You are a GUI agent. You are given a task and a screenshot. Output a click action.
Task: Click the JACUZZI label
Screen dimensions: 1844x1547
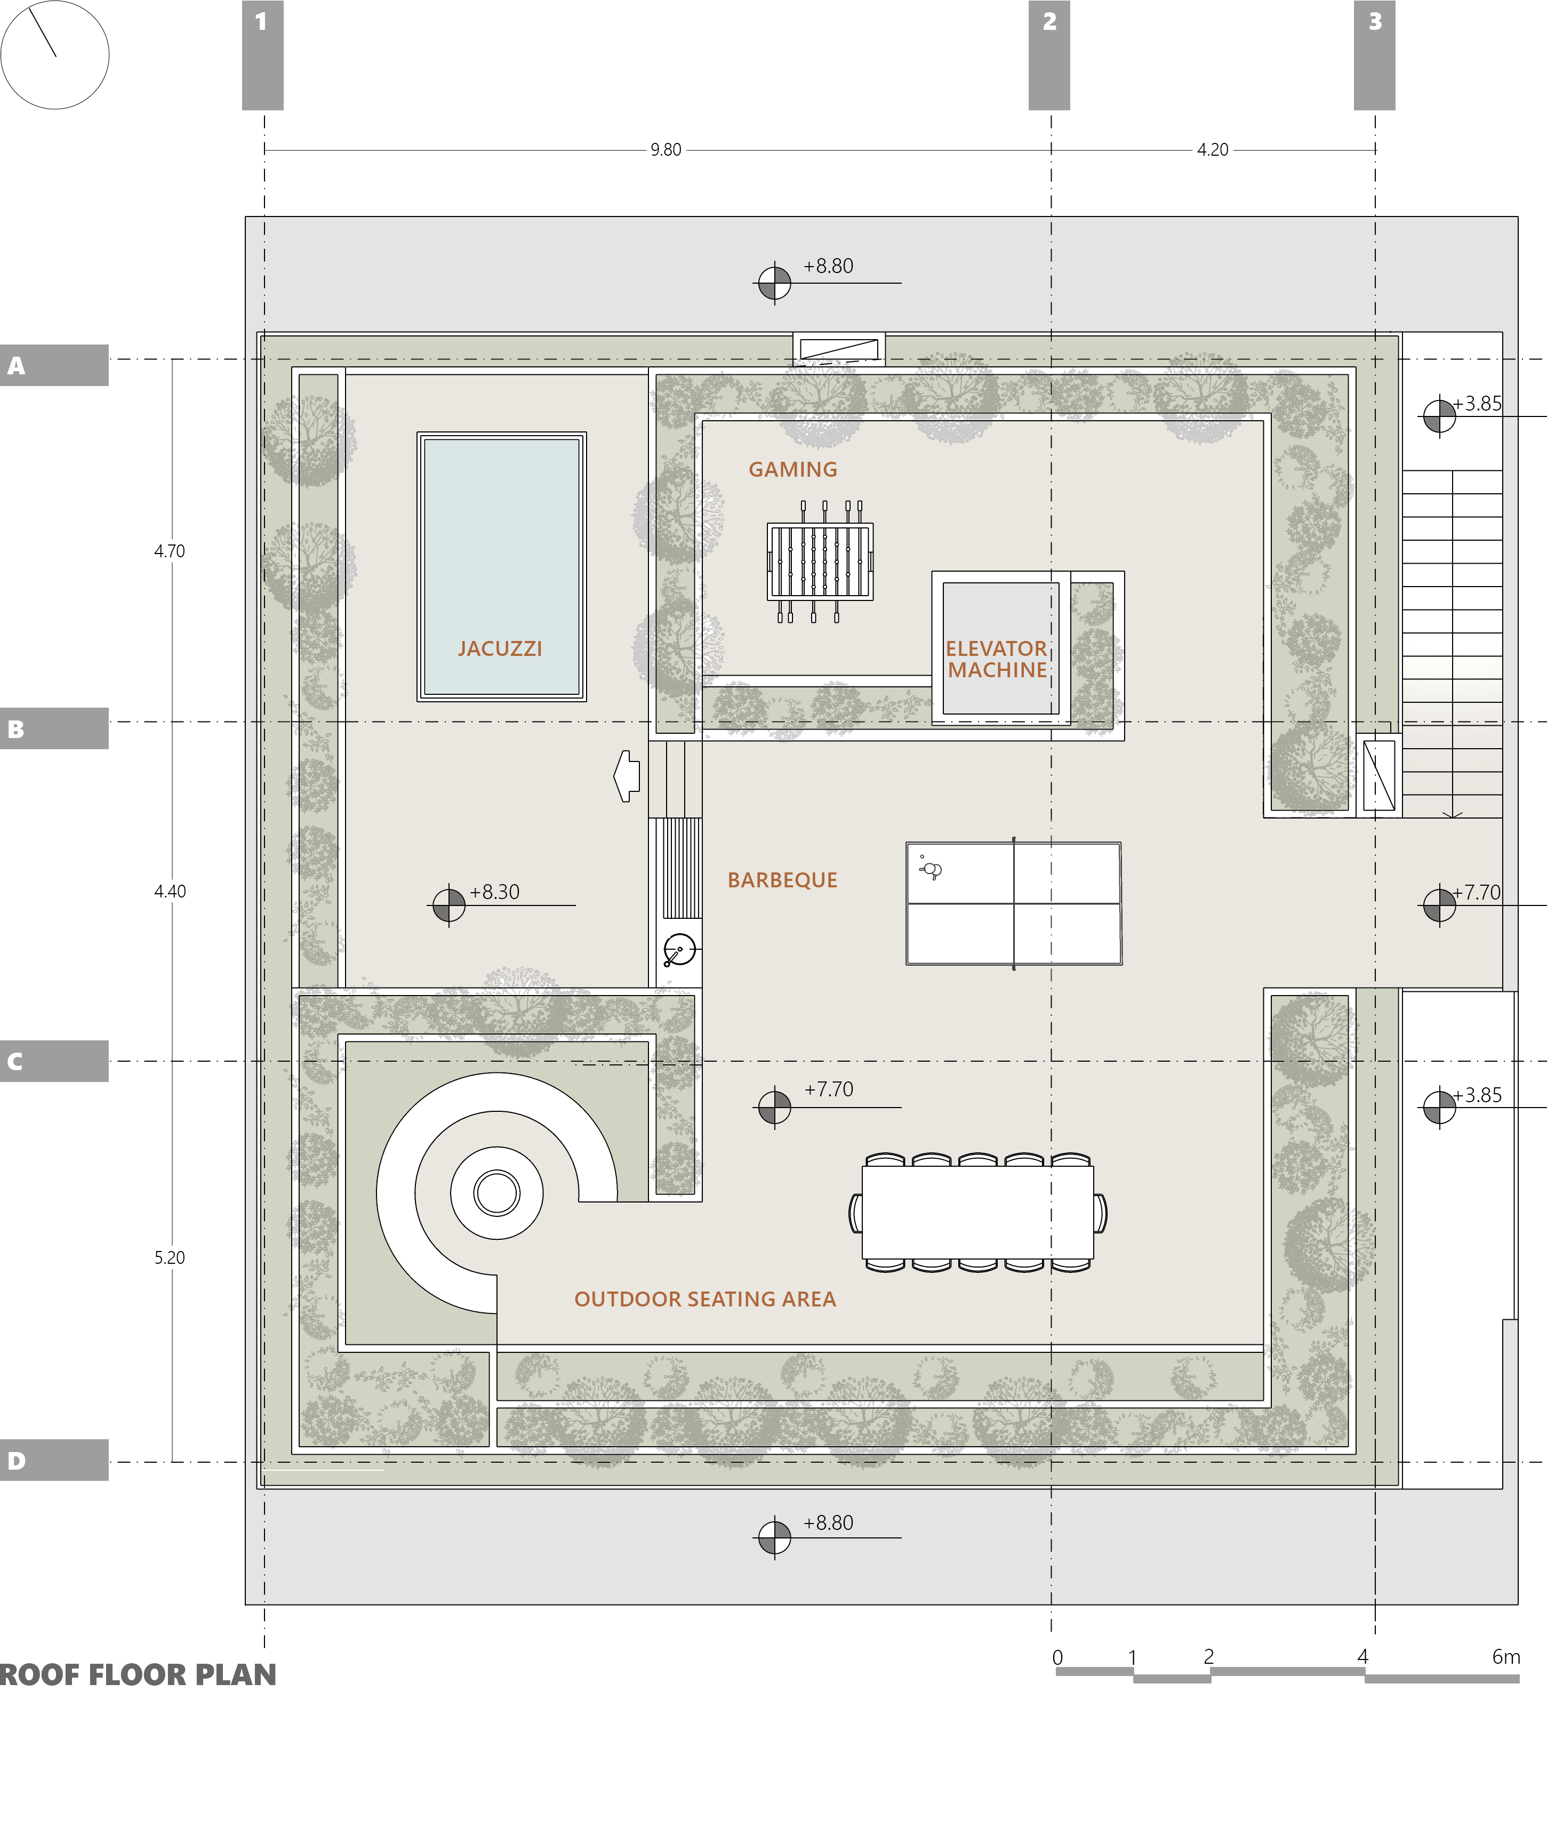(x=500, y=649)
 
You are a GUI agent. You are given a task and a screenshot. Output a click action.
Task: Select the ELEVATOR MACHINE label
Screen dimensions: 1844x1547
(x=997, y=660)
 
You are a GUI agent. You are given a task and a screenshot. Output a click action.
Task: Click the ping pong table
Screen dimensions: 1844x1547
(x=1014, y=903)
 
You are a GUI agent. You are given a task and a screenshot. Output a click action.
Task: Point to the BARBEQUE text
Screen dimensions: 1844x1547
(x=782, y=880)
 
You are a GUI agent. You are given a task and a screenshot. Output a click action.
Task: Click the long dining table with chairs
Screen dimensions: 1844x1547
(x=977, y=1213)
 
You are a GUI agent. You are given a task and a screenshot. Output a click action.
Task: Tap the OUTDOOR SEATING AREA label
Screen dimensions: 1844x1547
(x=705, y=1298)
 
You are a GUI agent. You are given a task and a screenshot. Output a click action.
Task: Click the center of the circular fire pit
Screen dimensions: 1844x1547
(x=497, y=1192)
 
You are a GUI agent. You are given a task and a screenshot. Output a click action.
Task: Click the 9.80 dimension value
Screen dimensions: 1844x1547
(x=666, y=150)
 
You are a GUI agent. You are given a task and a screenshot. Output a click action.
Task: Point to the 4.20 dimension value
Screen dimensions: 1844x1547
(x=1213, y=150)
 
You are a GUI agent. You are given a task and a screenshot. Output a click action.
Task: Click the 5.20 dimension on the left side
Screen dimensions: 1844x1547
(x=170, y=1257)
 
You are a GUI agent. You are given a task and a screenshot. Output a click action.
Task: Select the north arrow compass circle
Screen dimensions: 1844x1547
(x=54, y=54)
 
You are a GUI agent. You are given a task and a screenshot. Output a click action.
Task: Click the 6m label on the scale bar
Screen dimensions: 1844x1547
(x=1506, y=1656)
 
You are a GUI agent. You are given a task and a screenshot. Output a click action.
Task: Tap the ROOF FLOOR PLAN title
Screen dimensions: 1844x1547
(x=138, y=1674)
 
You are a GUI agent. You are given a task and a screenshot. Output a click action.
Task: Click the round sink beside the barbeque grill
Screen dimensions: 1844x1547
(x=679, y=949)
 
